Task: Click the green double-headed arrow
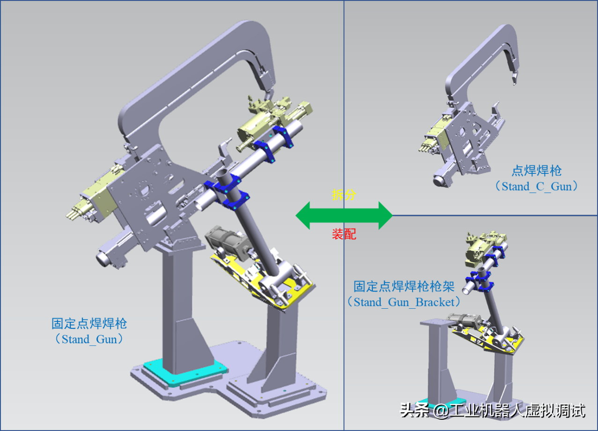(344, 215)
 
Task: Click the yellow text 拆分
(344, 195)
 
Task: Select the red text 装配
(344, 234)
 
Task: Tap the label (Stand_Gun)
(89, 339)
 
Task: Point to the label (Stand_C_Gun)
(536, 186)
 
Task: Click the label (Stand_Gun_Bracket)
(403, 302)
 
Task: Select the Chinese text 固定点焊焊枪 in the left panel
(89, 323)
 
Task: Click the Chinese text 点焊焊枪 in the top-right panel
(536, 171)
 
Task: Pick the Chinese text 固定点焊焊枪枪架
(404, 286)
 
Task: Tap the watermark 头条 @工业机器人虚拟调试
(492, 411)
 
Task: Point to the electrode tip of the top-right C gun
(514, 80)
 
